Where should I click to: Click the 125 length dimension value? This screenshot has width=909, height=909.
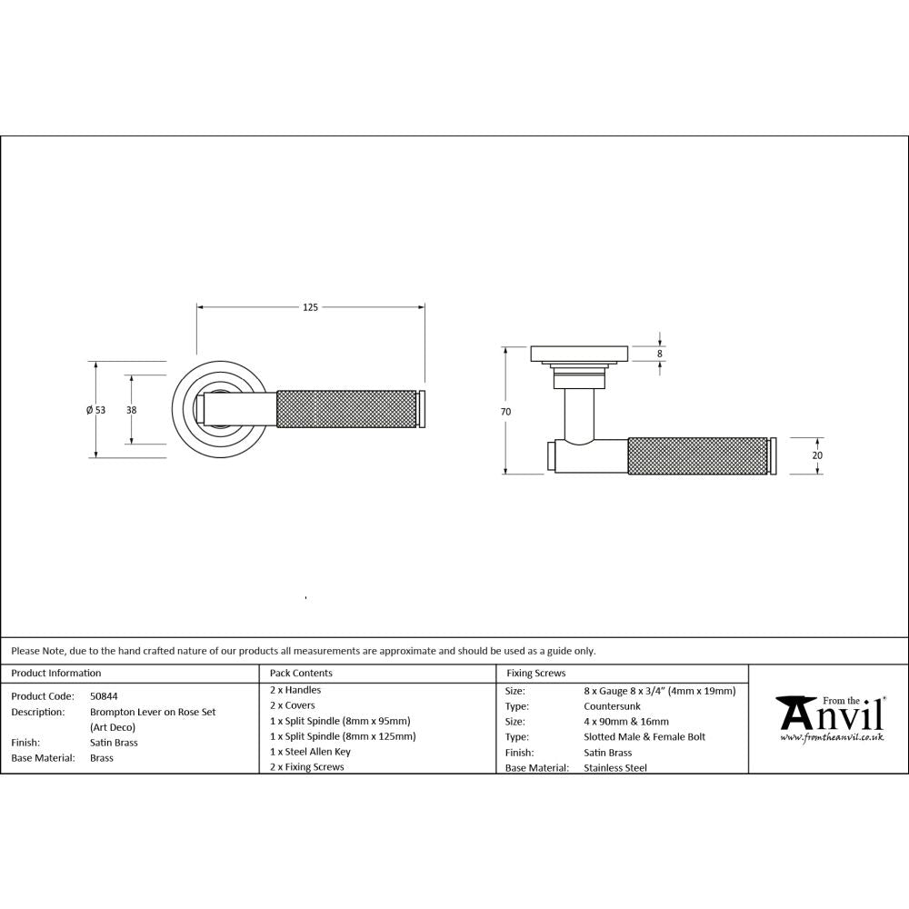point(310,308)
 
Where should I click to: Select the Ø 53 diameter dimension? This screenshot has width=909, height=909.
point(95,410)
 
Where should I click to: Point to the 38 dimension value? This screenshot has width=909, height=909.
point(132,410)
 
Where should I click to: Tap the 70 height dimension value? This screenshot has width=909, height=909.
point(505,412)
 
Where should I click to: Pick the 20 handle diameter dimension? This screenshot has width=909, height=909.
point(816,455)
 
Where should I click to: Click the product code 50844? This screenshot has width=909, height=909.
point(104,695)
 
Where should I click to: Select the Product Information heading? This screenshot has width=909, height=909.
point(56,674)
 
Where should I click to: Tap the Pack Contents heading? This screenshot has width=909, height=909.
point(302,674)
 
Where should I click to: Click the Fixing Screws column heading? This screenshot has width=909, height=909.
point(536,674)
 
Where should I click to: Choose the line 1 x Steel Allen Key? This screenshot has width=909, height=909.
point(310,752)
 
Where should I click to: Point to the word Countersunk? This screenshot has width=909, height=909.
point(613,705)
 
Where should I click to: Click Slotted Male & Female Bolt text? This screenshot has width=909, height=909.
point(644,736)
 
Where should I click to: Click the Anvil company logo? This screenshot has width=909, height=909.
point(828,714)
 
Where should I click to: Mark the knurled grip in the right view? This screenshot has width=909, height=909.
point(697,455)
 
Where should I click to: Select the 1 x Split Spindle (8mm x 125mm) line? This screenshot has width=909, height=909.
point(343,736)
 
